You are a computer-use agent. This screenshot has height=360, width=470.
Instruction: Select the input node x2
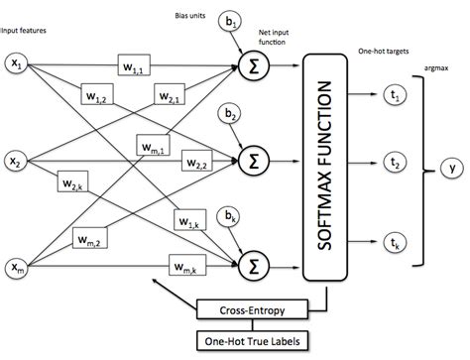(18, 159)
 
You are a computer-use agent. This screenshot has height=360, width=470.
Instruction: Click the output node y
(451, 169)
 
